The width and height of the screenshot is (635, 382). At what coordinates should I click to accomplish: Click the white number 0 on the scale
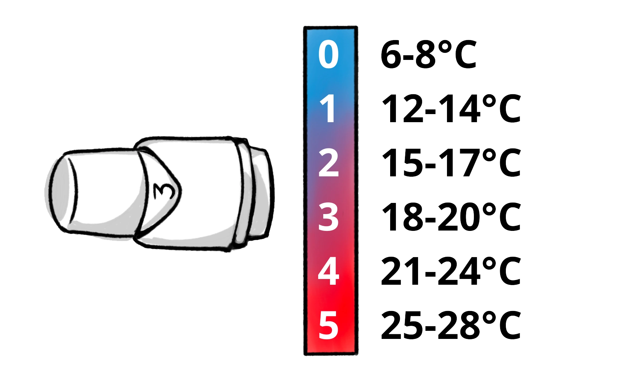[328, 54]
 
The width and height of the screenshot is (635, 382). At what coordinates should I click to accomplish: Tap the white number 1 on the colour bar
[328, 108]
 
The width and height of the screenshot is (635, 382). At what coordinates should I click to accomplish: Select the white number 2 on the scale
[328, 163]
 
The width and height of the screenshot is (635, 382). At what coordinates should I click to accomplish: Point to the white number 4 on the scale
[328, 271]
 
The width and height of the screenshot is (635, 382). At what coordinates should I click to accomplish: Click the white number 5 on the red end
[328, 325]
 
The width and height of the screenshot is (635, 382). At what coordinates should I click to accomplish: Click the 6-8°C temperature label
[428, 54]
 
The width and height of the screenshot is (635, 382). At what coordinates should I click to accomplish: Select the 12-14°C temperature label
[451, 108]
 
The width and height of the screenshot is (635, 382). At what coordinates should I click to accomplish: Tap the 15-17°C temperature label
[451, 163]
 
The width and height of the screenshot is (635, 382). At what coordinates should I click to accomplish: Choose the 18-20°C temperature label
[451, 217]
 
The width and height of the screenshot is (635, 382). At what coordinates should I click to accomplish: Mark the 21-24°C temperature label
[451, 271]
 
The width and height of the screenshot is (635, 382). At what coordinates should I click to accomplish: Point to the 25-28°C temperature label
[451, 325]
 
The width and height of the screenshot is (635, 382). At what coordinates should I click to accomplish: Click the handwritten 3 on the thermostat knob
[164, 191]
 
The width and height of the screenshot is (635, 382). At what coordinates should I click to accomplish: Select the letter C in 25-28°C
[510, 325]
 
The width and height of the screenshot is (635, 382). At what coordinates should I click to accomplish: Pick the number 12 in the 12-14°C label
[402, 108]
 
